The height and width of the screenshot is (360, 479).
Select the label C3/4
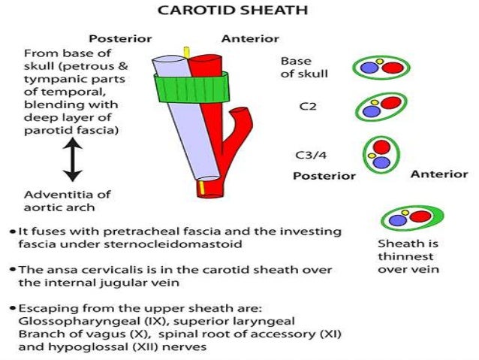click(x=310, y=156)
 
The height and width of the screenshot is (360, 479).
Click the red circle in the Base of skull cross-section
click(x=392, y=68)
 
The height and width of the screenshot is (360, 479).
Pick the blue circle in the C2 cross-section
click(x=370, y=111)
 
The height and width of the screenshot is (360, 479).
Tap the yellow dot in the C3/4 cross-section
click(x=370, y=156)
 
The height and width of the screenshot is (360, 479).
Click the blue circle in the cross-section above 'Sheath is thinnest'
click(x=395, y=220)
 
